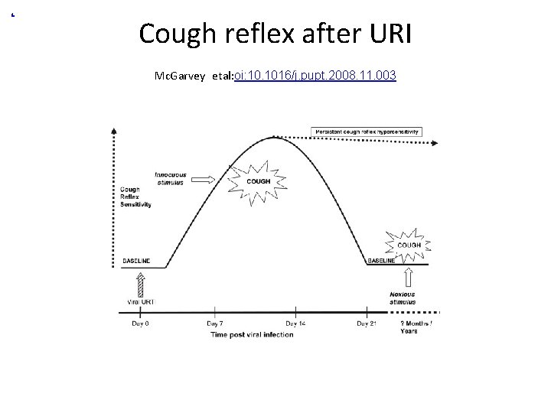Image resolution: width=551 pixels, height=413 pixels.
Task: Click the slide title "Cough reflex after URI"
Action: click(275, 34)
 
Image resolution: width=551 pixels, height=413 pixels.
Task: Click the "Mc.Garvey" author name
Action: click(178, 77)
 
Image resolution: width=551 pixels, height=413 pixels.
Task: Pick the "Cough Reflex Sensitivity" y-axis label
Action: click(135, 197)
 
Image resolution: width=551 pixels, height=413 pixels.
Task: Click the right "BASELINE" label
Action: click(381, 261)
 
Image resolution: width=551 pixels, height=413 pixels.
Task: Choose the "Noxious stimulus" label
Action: click(403, 299)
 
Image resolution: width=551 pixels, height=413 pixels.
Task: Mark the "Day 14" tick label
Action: click(293, 324)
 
